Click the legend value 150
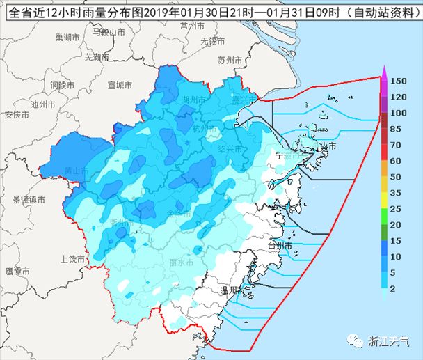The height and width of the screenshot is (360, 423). click(x=398, y=81)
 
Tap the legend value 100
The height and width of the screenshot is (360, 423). click(x=398, y=113)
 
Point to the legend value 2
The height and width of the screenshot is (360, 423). click(x=394, y=288)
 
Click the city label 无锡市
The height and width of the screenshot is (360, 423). click(x=212, y=41)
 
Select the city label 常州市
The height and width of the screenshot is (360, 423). click(x=191, y=25)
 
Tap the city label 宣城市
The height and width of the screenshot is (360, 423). click(x=120, y=85)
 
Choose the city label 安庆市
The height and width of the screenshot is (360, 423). click(x=16, y=114)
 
